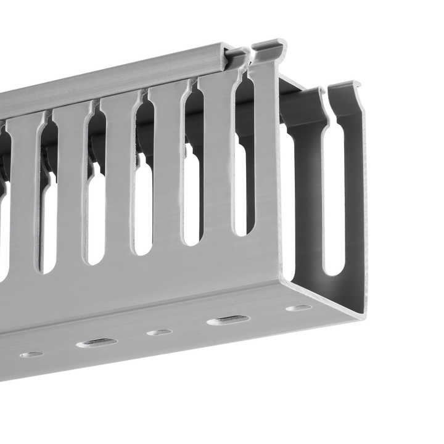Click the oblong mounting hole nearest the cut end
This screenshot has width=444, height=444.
pos(228,320)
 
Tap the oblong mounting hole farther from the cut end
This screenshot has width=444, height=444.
pos(96,343)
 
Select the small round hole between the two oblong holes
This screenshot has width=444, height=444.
pos(159,332)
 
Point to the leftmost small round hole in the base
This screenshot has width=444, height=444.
pos(31,355)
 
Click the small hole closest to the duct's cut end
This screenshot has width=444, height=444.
pos(298,307)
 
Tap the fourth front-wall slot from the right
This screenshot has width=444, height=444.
pos(96,216)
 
